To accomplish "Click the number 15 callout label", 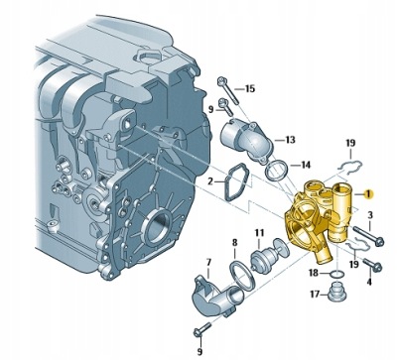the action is tap(250, 89).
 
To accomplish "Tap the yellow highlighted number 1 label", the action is tap(368, 194).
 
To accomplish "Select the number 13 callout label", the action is tap(290, 140).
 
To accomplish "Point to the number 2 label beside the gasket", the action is tap(210, 181).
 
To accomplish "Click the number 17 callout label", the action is tap(315, 294).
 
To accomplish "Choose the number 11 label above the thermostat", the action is tap(259, 233).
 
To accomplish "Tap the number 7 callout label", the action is tap(208, 263).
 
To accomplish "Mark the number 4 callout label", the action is tap(369, 282).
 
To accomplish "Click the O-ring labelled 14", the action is tap(277, 171).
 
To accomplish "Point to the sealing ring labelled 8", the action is tap(241, 276).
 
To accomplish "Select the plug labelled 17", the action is tap(336, 292).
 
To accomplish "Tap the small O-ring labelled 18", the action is tap(336, 274).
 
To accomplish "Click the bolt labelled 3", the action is tap(368, 235).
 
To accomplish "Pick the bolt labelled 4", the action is tap(373, 265).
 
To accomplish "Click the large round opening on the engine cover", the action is tap(158, 227).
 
